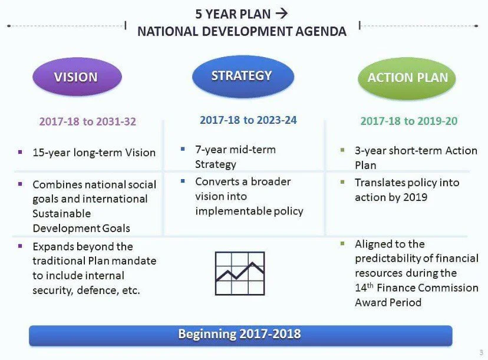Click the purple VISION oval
tap(77, 77)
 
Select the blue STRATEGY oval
tap(243, 76)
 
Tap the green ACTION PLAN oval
tap(407, 78)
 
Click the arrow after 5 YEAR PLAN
tap(281, 14)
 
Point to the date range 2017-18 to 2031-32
tap(88, 121)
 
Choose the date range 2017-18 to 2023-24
tap(248, 120)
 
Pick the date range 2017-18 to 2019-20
tap(409, 121)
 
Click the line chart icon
tap(240, 273)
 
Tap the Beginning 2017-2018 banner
tap(240, 335)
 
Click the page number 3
tap(481, 352)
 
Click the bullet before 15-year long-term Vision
tap(20, 152)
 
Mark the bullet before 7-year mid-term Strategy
tap(183, 149)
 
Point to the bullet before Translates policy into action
tap(342, 182)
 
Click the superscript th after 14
tap(370, 285)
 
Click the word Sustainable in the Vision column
tap(62, 213)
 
